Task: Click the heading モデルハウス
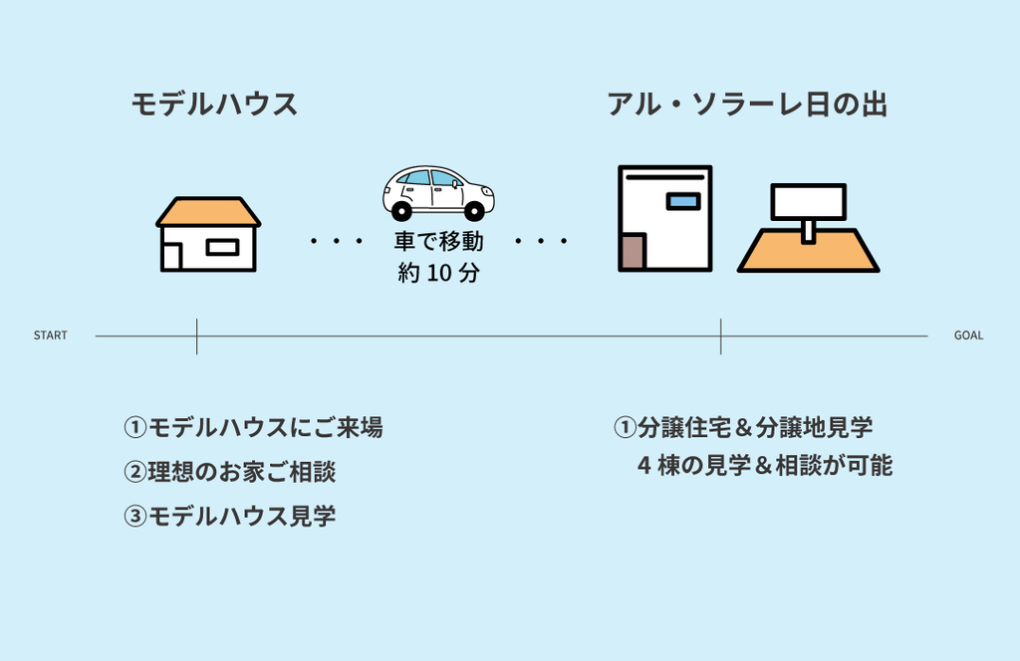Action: tap(214, 105)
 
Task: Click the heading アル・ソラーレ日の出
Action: tap(747, 105)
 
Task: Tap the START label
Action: tap(51, 335)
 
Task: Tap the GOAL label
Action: tap(968, 335)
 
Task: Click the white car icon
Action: tap(437, 191)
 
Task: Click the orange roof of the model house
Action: tap(208, 212)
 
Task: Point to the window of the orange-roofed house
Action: tap(222, 247)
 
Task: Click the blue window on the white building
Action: tap(683, 201)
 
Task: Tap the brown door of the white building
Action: tap(632, 253)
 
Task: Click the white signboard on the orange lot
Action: tap(808, 202)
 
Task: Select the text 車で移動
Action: tap(438, 242)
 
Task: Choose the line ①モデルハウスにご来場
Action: tap(253, 428)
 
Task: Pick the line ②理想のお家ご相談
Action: tap(230, 472)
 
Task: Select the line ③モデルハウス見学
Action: tap(230, 517)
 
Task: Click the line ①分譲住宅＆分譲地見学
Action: tap(743, 428)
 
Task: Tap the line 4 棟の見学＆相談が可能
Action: tap(764, 465)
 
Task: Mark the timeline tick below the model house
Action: tap(197, 336)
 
